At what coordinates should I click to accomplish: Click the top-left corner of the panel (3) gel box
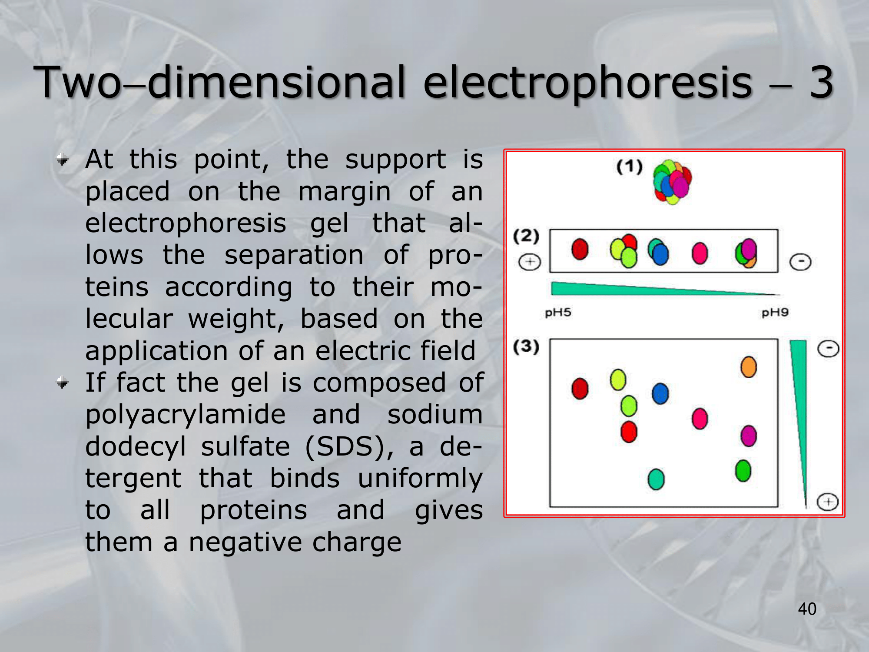[x=550, y=339]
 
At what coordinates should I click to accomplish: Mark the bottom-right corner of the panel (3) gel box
[x=777, y=506]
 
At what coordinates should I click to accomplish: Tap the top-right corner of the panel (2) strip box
[x=777, y=230]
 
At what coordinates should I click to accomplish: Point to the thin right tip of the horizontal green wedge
[x=779, y=294]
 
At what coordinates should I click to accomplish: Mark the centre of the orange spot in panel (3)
[x=749, y=367]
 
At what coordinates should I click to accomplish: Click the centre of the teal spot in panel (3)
[x=656, y=479]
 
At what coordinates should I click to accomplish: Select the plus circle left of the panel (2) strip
[x=530, y=262]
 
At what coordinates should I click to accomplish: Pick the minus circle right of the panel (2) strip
[x=800, y=262]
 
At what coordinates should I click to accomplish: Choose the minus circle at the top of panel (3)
[x=828, y=349]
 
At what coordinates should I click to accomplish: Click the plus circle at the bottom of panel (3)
[x=828, y=502]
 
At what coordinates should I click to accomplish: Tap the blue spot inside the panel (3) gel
[x=660, y=393]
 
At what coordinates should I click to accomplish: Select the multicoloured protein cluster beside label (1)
[x=672, y=182]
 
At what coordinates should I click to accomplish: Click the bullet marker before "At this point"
[x=63, y=160]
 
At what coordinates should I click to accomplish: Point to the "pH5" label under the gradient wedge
[x=558, y=313]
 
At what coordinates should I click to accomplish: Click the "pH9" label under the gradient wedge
[x=775, y=313]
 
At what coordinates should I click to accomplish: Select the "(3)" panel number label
[x=526, y=346]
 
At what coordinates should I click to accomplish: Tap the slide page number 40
[x=807, y=609]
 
